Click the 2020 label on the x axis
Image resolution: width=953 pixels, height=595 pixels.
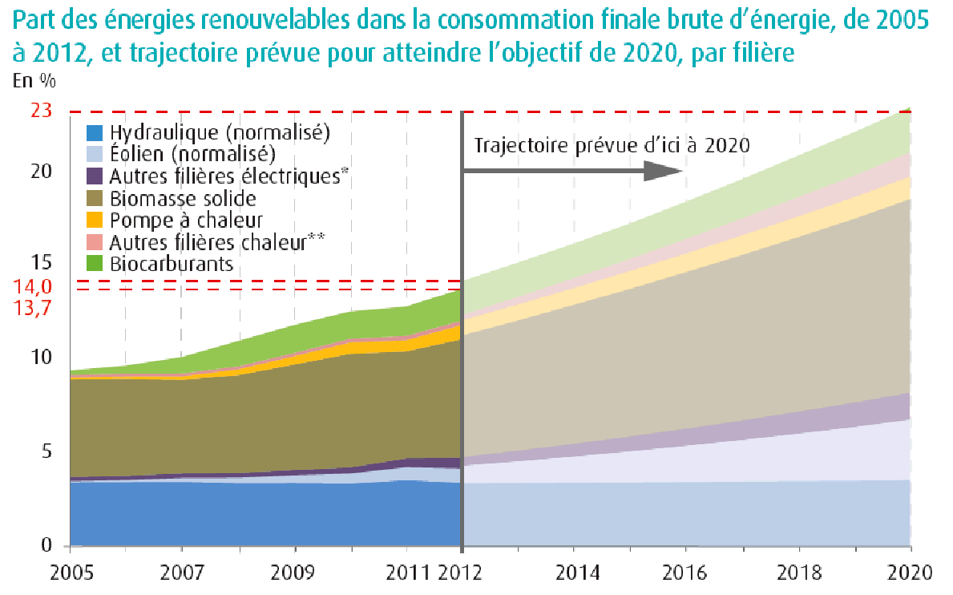(911, 573)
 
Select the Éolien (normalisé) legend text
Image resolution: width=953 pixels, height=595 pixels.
(192, 154)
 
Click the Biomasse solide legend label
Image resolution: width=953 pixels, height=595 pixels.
(183, 198)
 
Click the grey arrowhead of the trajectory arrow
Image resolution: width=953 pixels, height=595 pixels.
(662, 170)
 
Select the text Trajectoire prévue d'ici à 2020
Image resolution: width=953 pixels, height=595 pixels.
(612, 146)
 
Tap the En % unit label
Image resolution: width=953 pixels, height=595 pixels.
(34, 81)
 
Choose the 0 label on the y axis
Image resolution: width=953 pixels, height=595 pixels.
(46, 546)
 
